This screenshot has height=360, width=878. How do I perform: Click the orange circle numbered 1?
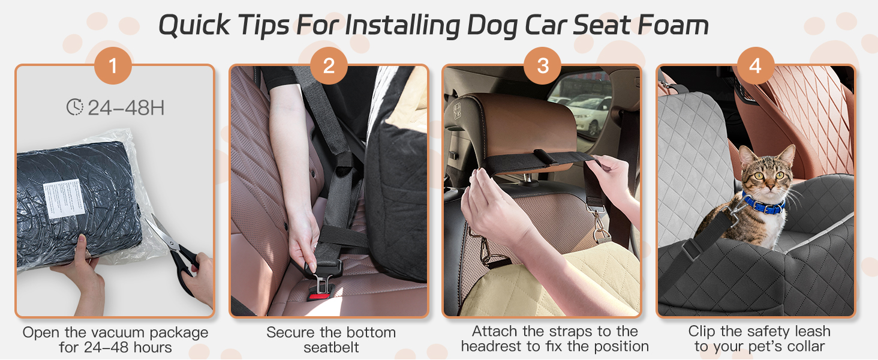click(113, 65)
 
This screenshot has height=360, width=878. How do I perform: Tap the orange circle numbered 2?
click(329, 65)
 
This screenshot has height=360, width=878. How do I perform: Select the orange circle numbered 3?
click(542, 65)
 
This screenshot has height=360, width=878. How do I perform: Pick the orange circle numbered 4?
click(755, 65)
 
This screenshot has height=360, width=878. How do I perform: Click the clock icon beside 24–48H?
click(75, 107)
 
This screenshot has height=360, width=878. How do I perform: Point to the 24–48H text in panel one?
click(126, 108)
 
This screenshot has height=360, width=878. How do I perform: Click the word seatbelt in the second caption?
click(331, 347)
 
